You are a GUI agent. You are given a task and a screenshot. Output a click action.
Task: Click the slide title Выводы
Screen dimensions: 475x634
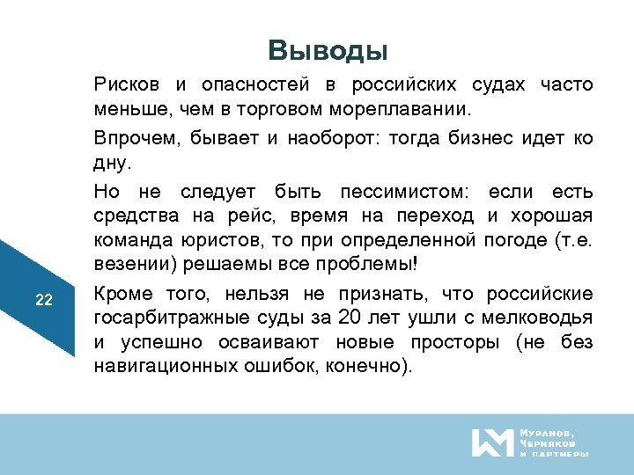pos(328,50)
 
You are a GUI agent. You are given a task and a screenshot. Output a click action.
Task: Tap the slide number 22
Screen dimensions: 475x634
pos(44,300)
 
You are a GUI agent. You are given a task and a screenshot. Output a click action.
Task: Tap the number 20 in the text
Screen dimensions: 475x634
pos(352,318)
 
